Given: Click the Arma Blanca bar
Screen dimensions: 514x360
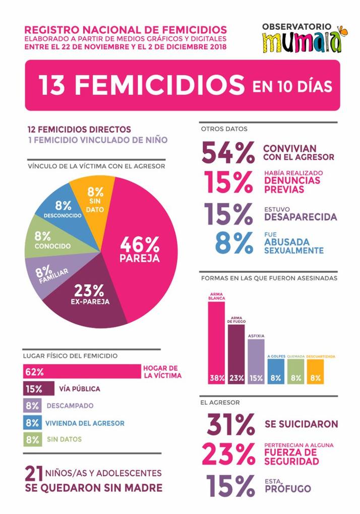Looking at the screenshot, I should tap(216, 343).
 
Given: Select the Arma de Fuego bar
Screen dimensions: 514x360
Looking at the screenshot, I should tap(236, 353).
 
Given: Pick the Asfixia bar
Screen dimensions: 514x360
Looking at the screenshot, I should tap(256, 360).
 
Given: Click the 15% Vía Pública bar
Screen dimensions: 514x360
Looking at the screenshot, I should tap(38, 389).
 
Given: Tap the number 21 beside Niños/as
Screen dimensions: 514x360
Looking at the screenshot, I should tap(34, 475).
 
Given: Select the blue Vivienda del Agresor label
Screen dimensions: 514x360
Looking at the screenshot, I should tap(85, 423).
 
